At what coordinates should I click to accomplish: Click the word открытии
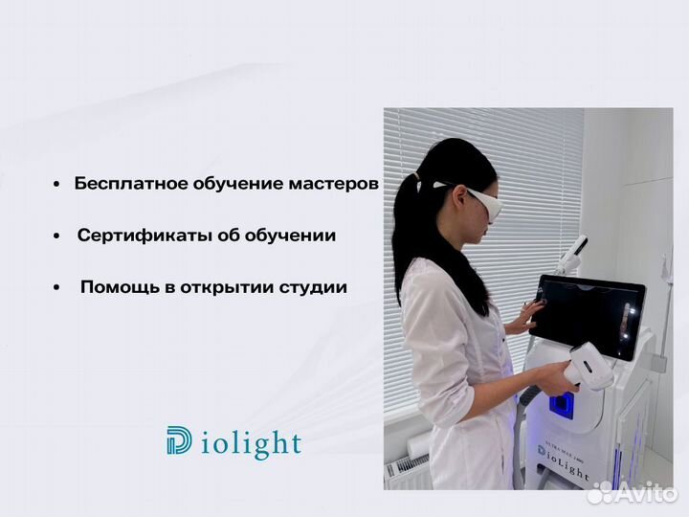tap(226, 287)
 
